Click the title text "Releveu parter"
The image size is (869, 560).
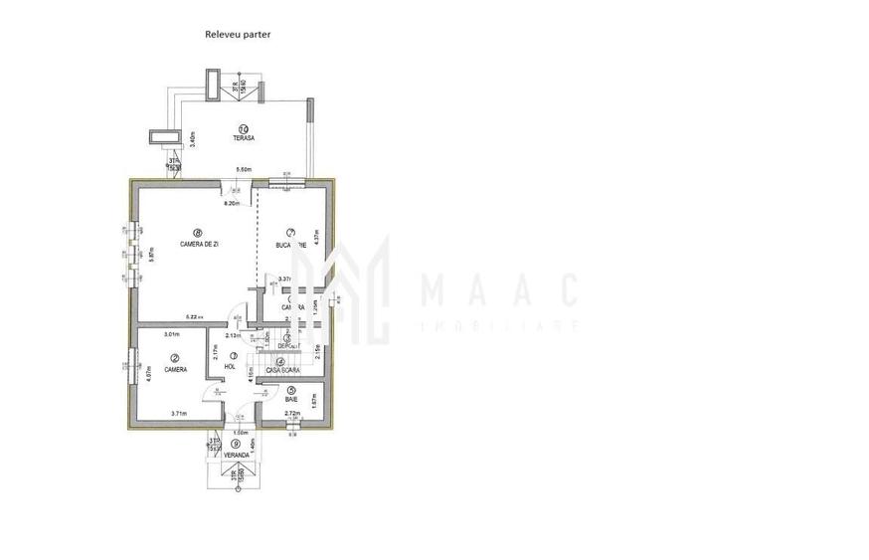pos(238,34)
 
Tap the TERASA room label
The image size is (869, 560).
pos(244,139)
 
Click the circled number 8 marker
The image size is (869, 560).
pos(199,233)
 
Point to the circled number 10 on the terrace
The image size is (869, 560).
pos(244,127)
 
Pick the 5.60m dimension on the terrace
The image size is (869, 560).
pos(242,170)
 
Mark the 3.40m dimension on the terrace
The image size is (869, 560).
pos(193,138)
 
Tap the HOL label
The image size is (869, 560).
pos(230,367)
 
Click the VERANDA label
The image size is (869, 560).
pos(236,455)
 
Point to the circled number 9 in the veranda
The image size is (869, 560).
pos(236,444)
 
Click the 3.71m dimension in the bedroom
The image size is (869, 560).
pos(179,413)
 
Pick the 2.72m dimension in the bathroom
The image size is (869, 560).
pos(292,413)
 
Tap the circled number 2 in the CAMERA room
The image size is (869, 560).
pos(175,358)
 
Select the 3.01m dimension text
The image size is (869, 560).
pos(171,334)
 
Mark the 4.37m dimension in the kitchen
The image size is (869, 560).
pos(315,239)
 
